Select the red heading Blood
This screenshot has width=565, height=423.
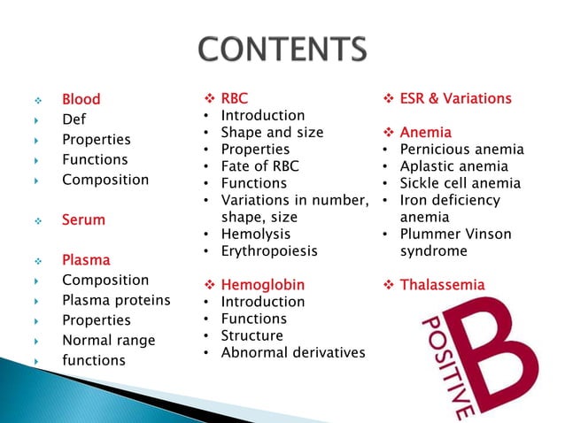(x=81, y=99)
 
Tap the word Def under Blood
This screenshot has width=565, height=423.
(x=74, y=119)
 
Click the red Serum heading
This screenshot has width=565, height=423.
(x=83, y=219)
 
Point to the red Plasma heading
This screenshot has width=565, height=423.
(x=86, y=260)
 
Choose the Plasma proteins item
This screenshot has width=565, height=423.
(x=116, y=300)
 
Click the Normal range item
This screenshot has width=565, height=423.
(x=108, y=340)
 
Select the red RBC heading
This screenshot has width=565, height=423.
(x=235, y=98)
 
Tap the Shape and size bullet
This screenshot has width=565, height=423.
(x=272, y=132)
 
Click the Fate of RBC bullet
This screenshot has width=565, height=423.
(x=259, y=166)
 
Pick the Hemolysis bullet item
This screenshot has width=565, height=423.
(x=255, y=234)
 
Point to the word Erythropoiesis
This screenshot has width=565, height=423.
(x=269, y=250)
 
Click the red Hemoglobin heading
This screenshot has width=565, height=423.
(x=262, y=285)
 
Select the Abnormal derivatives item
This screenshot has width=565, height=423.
(x=292, y=352)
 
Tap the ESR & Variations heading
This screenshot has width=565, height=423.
(x=455, y=98)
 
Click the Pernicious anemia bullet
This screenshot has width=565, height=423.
(x=461, y=150)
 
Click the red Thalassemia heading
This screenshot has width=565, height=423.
(x=442, y=285)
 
